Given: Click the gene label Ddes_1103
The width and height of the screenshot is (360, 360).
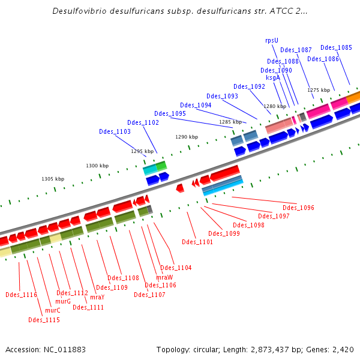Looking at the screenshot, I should click(x=115, y=131).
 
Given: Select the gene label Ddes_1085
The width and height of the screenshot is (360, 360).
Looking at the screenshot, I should click(x=336, y=47).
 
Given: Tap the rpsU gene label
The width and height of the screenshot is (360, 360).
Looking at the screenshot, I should click(x=272, y=41).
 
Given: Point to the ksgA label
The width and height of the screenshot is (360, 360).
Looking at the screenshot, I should click(x=273, y=77).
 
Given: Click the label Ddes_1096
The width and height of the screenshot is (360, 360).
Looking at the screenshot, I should click(x=298, y=208).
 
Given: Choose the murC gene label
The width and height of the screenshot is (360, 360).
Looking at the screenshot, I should click(x=53, y=310).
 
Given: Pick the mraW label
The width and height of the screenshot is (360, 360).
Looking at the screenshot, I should click(x=164, y=277).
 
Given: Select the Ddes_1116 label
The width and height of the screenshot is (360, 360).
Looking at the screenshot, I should click(x=21, y=295).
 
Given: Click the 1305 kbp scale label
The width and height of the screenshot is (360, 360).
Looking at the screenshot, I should click(x=53, y=179).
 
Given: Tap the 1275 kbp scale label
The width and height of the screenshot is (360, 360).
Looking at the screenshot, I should click(x=319, y=90).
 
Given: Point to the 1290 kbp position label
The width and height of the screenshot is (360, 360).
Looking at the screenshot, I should click(x=187, y=137).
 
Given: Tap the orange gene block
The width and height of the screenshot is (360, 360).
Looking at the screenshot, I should click(x=353, y=97).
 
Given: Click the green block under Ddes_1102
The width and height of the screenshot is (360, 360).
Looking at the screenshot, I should click(x=161, y=166).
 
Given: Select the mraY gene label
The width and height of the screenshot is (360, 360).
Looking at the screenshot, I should click(x=97, y=297).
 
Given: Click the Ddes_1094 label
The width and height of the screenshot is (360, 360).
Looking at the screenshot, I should click(x=196, y=105).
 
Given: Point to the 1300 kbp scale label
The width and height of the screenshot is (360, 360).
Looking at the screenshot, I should click(x=97, y=166).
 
